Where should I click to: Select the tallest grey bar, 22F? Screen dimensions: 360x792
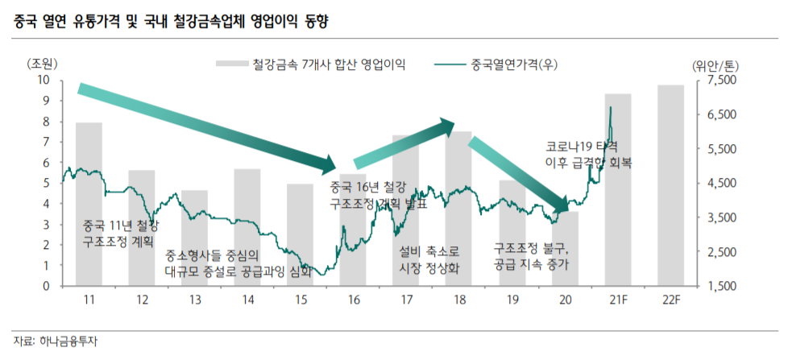670,185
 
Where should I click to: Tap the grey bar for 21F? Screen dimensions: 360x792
618,189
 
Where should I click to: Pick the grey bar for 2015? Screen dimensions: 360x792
300,234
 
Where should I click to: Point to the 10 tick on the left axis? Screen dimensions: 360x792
44,80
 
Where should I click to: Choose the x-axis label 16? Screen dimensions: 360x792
353,300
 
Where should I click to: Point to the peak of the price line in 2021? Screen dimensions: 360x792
611,107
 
